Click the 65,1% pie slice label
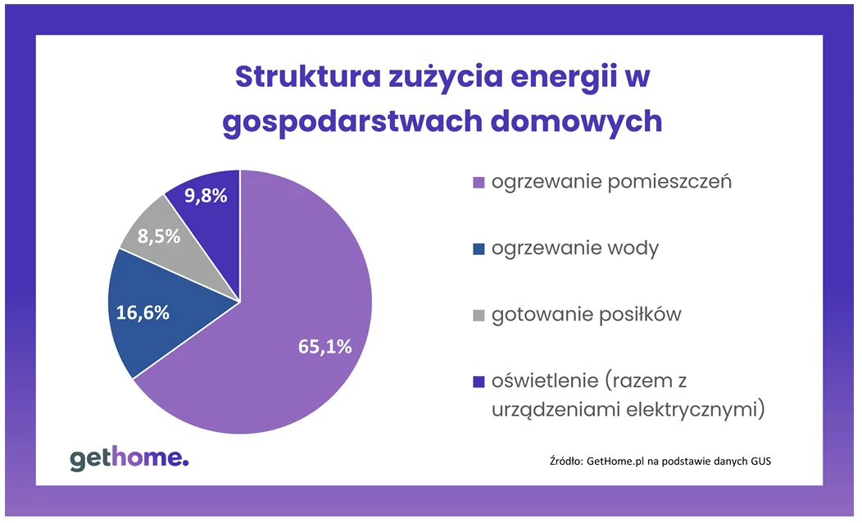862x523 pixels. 325,347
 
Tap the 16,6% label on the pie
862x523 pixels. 143,313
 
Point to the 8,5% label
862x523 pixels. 159,236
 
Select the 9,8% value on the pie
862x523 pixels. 206,196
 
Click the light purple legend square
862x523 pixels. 479,183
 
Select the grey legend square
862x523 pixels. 479,316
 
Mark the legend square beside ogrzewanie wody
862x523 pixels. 479,249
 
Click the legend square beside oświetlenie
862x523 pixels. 479,382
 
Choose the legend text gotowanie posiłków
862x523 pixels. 587,315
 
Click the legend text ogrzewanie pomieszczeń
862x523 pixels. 612,182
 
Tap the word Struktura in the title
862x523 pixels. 308,76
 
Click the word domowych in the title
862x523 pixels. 576,121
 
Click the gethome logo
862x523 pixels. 129,459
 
